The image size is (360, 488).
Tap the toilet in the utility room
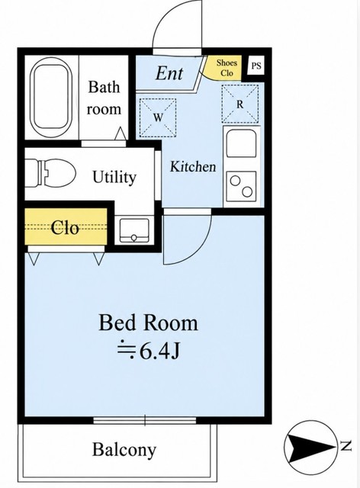click(50, 173)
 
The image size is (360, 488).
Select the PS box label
click(256, 66)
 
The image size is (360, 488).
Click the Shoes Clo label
click(227, 68)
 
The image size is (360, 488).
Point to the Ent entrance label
click(169, 73)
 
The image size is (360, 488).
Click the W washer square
click(158, 118)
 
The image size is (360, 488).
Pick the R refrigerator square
click(239, 104)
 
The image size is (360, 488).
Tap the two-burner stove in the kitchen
click(241, 186)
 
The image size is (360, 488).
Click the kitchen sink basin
click(241, 143)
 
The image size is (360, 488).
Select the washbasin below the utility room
click(134, 230)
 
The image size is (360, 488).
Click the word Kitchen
click(193, 166)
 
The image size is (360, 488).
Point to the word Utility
click(114, 178)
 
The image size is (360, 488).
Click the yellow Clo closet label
click(65, 228)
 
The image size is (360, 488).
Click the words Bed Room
click(148, 323)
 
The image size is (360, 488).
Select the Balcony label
click(124, 450)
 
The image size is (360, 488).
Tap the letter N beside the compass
click(346, 446)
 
